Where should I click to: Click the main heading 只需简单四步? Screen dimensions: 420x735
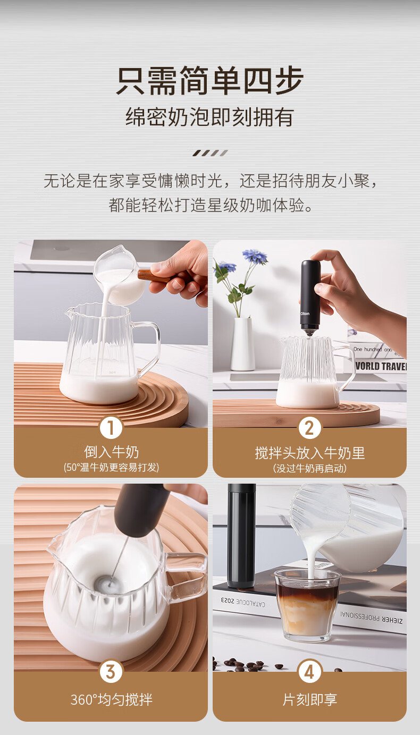tap(210, 80)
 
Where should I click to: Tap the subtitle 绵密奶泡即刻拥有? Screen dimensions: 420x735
tap(209, 117)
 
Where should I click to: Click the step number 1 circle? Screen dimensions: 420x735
tap(111, 427)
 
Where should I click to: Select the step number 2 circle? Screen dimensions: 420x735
tap(309, 427)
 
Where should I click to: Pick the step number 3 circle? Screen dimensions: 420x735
tap(111, 671)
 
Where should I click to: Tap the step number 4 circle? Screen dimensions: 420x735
tap(309, 671)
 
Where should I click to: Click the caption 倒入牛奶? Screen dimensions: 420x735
tap(111, 452)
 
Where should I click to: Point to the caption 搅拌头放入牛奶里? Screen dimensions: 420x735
tap(310, 453)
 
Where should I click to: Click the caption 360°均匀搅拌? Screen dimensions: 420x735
tap(111, 699)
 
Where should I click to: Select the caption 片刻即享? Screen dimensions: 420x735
tap(310, 699)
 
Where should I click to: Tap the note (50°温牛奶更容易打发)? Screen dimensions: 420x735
tap(111, 467)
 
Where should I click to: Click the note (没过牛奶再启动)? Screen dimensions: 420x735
tap(310, 468)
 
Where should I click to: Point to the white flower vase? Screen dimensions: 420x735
tap(242, 344)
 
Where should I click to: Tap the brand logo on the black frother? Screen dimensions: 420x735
tap(305, 314)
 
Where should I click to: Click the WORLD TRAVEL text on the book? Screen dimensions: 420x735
tap(381, 366)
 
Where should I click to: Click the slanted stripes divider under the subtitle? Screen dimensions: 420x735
tap(210, 153)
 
